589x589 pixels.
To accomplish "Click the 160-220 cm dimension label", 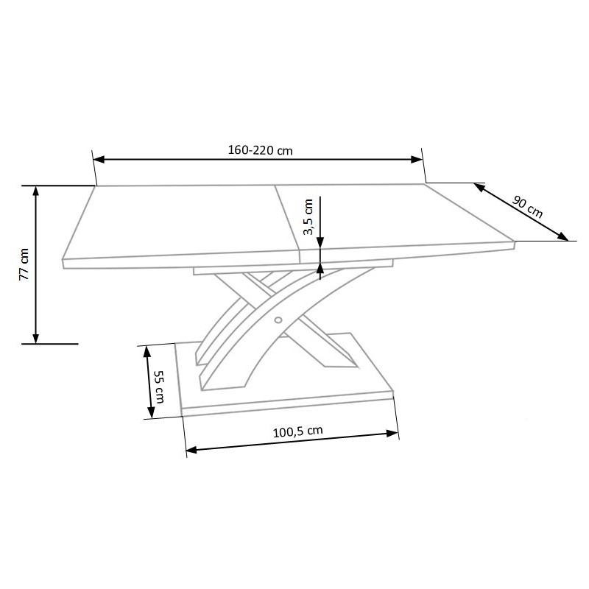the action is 260,150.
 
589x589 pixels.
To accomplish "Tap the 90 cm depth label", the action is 527,207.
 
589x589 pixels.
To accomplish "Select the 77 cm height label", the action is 24,264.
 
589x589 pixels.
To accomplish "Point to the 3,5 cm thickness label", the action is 308,217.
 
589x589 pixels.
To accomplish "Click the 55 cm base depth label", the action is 159,387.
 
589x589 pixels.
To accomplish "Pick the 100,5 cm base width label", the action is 298,431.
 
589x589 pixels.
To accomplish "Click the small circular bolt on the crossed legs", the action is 278,320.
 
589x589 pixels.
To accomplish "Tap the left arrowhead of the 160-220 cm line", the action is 99,159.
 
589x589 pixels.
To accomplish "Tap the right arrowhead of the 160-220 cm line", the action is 417,160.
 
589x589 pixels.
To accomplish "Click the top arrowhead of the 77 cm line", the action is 35,191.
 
